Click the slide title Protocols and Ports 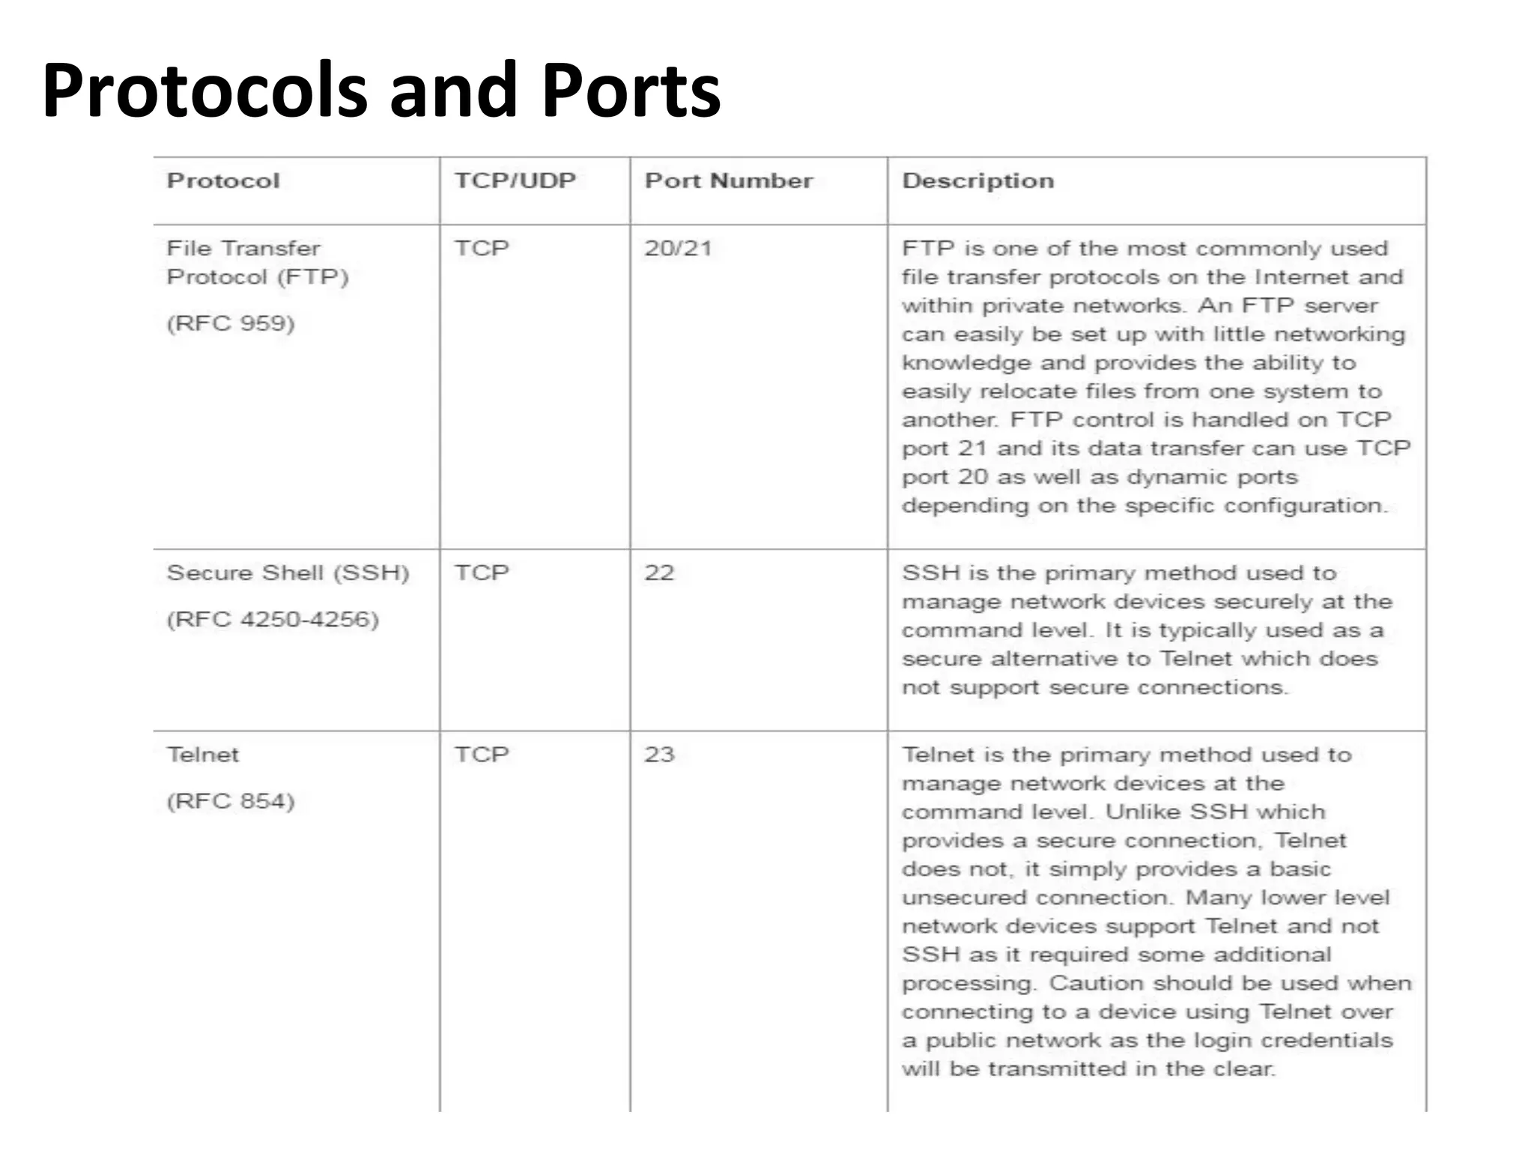click(381, 91)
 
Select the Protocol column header click(223, 181)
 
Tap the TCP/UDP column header click(515, 181)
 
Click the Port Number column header click(728, 181)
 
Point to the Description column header click(977, 181)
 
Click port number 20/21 click(678, 249)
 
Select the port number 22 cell click(659, 574)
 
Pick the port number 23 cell click(659, 755)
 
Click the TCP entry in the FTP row click(482, 249)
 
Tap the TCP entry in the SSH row click(482, 574)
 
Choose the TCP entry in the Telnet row click(482, 755)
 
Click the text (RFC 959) click(231, 323)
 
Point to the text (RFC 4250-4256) click(273, 620)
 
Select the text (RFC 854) click(231, 801)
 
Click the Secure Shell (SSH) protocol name click(288, 574)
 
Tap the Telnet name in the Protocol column click(203, 755)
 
